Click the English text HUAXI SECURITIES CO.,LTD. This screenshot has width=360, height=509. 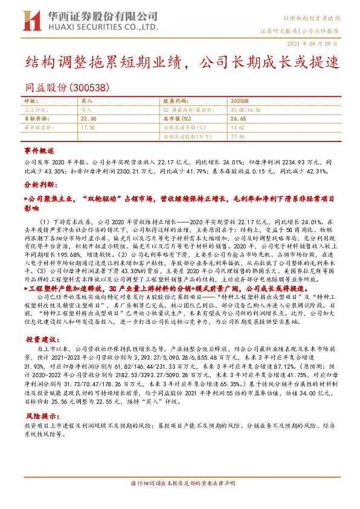click(x=93, y=28)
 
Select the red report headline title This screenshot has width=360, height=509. click(x=182, y=62)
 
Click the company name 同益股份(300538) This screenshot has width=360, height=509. click(x=67, y=87)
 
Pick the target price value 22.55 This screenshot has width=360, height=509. click(x=88, y=120)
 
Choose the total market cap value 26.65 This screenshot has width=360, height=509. click(x=239, y=120)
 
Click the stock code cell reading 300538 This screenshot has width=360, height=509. click(x=239, y=102)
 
